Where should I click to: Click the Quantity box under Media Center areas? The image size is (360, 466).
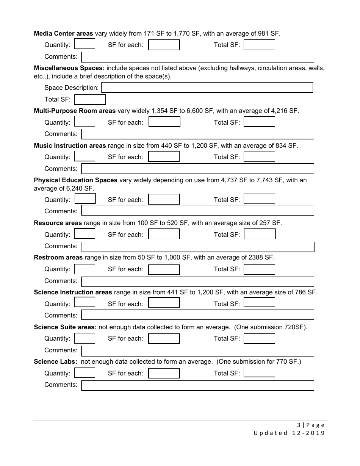85,44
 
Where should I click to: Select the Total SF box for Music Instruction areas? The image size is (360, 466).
259,157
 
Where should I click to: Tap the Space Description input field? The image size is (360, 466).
207,88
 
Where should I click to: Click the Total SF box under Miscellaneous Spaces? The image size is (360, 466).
90,100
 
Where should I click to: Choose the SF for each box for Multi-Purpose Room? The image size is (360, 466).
164,122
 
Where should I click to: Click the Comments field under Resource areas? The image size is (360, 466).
198,247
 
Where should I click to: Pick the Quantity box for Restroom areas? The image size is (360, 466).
85,269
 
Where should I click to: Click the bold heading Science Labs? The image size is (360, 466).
56,362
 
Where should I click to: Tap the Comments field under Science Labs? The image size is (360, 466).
198,385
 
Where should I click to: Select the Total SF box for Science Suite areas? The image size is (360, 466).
259,338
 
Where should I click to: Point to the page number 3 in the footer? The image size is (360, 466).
299,425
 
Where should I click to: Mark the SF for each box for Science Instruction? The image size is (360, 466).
164,303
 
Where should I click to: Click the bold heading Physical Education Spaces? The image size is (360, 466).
75,180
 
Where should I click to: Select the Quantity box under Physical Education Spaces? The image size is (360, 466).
85,199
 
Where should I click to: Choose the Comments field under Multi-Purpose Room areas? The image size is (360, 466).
198,134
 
